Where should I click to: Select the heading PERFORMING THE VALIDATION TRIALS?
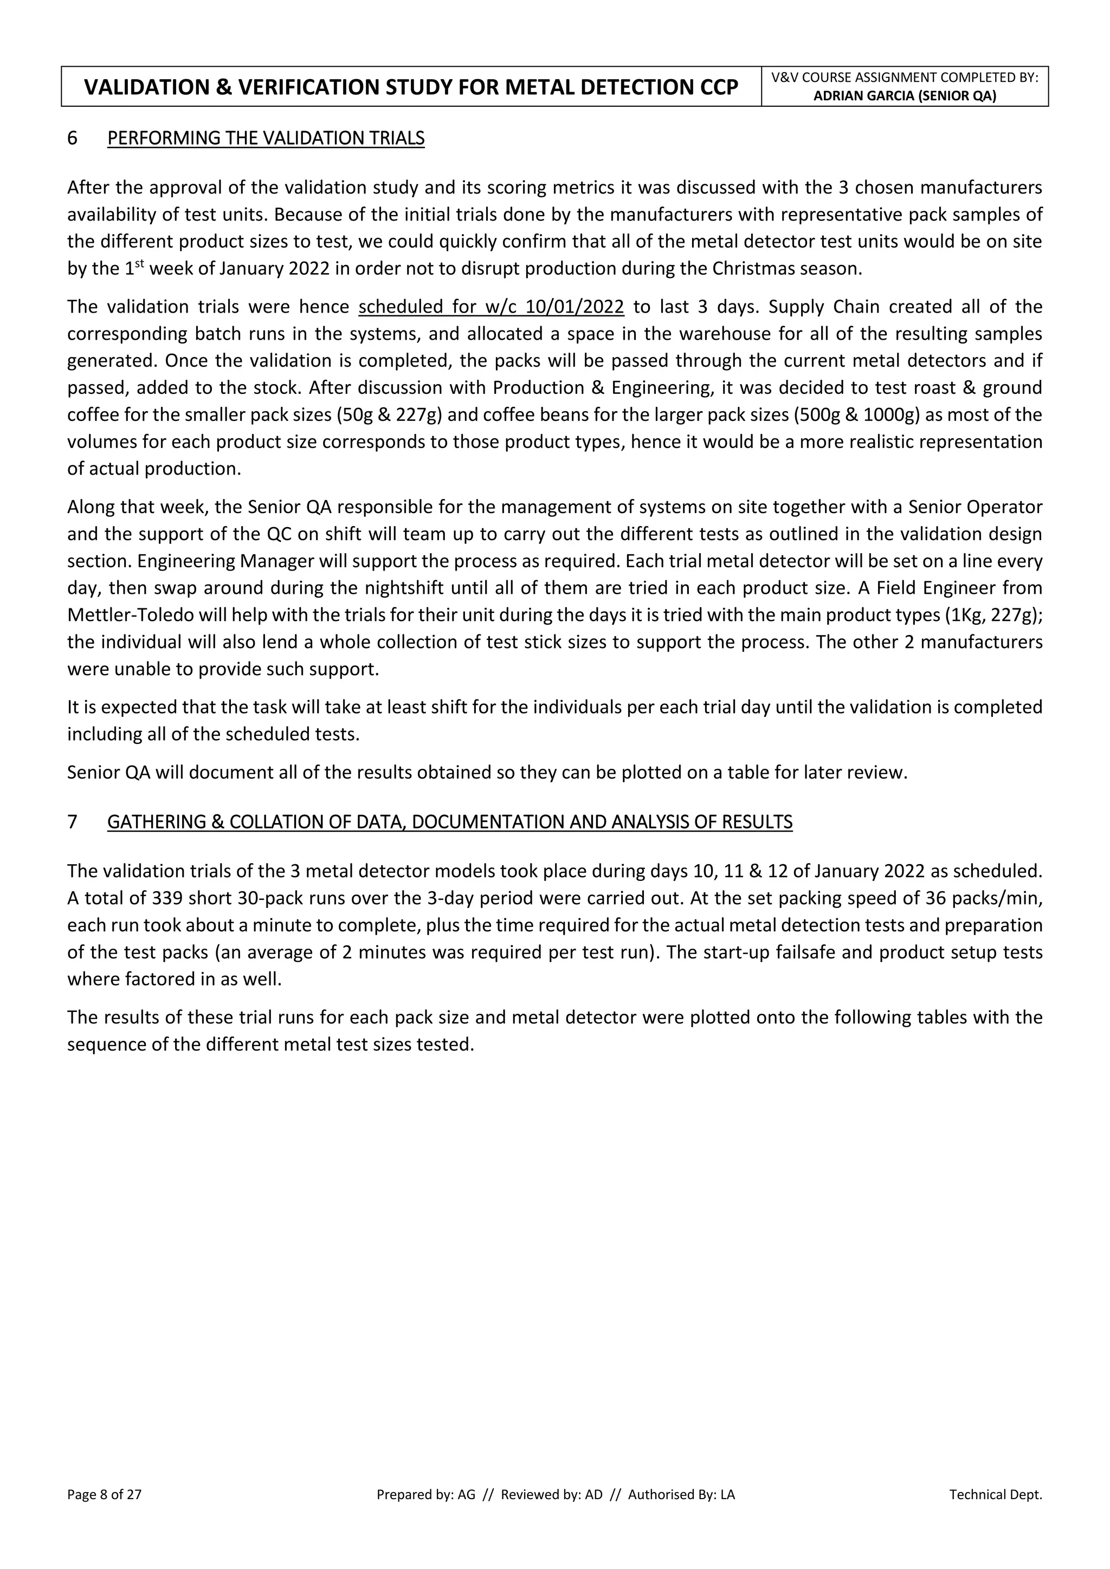tap(266, 138)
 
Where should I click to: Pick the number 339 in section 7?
tap(167, 898)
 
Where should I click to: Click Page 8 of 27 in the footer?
tap(104, 1495)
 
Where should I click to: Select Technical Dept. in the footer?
tap(995, 1495)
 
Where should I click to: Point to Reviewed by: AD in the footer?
tap(552, 1495)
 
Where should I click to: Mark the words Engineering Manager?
tap(209, 561)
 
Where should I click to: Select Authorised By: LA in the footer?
tap(681, 1495)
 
